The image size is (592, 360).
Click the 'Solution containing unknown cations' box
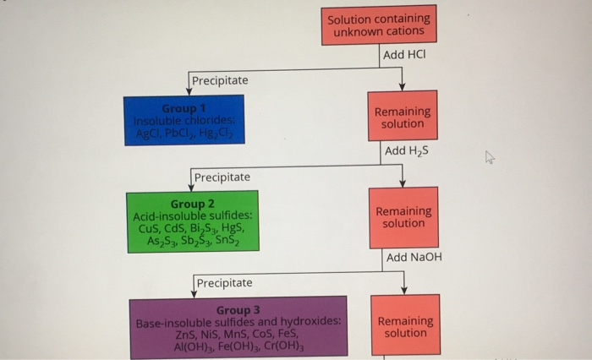coord(378,25)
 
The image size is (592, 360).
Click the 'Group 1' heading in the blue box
coord(184,108)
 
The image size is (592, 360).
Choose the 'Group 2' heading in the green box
coord(193,204)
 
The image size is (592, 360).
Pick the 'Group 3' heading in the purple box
coord(238,310)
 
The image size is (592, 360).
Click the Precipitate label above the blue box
coord(220,80)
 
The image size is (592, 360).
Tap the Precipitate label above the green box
coord(222,177)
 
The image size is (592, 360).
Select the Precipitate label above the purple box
coord(224,282)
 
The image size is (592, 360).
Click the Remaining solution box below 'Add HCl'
coord(403,117)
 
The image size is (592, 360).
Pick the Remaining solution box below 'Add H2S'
coord(403,217)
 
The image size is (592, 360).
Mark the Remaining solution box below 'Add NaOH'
coord(405,326)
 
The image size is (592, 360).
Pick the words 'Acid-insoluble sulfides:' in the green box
coord(193,215)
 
